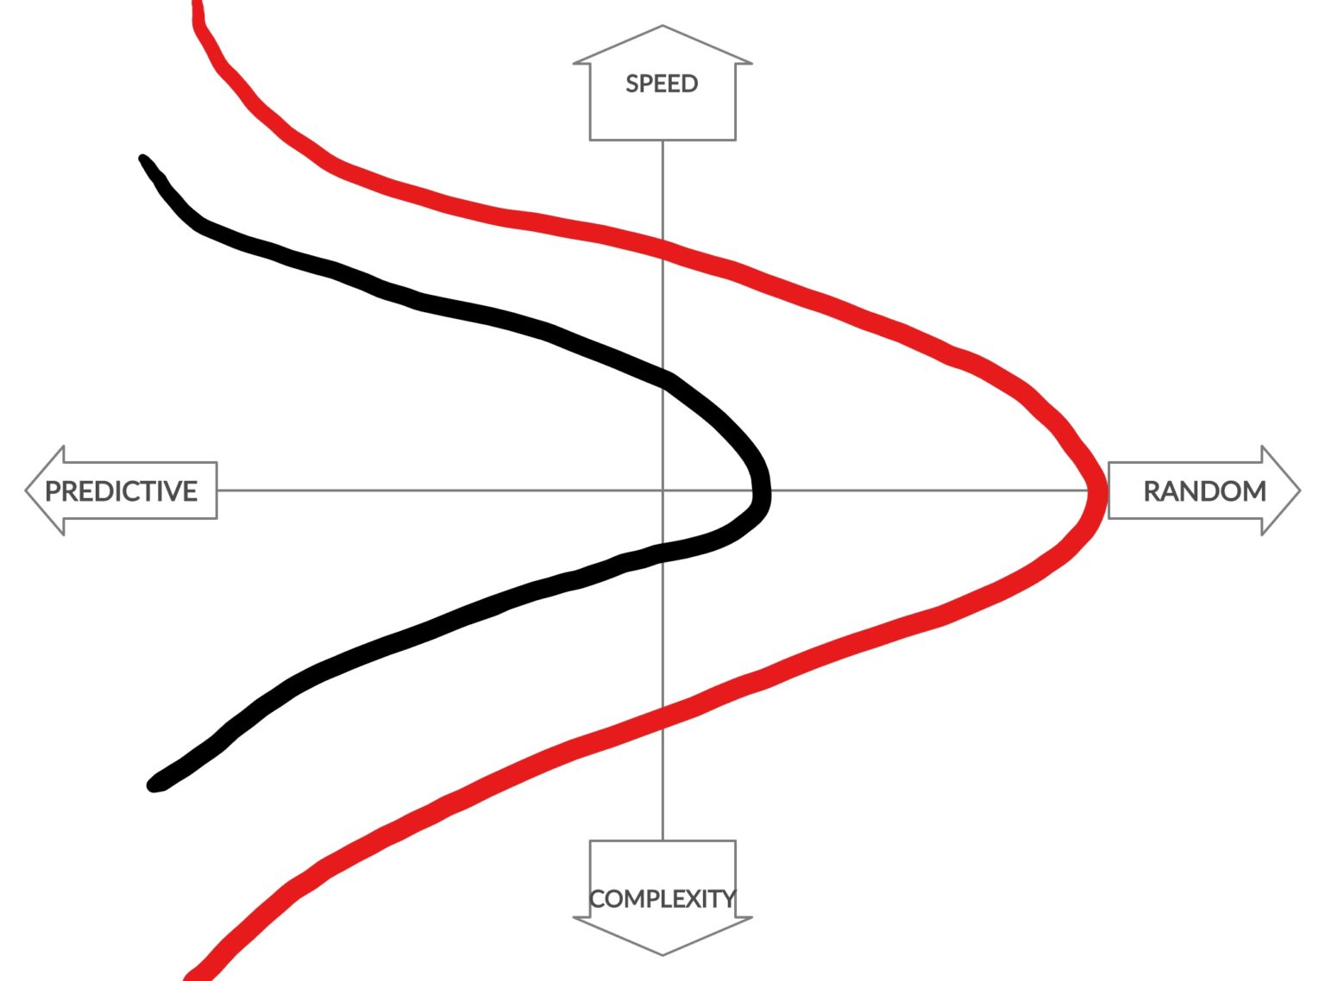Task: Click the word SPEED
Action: [x=662, y=84]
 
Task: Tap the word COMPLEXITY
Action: [x=662, y=898]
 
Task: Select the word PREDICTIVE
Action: [x=122, y=491]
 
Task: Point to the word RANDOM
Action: [x=1204, y=491]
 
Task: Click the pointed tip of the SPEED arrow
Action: [x=662, y=25]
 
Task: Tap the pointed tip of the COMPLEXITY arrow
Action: [x=662, y=955]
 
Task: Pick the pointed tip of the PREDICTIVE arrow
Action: [x=25, y=491]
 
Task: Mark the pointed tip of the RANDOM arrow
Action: [x=1300, y=491]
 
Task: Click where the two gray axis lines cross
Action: [x=662, y=491]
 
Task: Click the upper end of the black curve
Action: [x=143, y=159]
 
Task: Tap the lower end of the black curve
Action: [x=154, y=784]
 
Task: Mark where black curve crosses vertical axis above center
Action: [x=662, y=378]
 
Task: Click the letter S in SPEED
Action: [x=632, y=84]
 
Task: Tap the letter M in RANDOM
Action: [x=1255, y=491]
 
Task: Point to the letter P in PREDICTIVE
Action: [x=53, y=491]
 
